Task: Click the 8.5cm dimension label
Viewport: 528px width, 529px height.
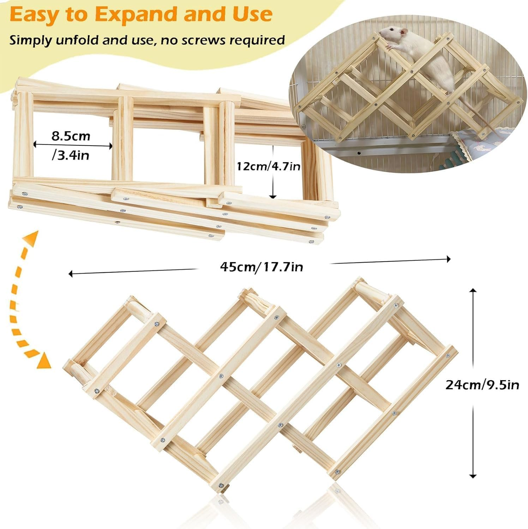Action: coord(71,136)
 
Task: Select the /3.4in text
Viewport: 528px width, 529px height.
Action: coord(71,155)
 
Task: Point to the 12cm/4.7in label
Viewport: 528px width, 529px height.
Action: coord(269,166)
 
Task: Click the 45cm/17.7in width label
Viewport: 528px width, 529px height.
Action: coord(262,267)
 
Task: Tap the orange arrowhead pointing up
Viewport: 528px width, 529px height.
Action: coord(33,237)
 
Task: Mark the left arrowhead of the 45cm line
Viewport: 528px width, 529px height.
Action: coord(71,273)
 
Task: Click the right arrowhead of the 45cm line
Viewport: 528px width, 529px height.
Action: coord(449,259)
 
